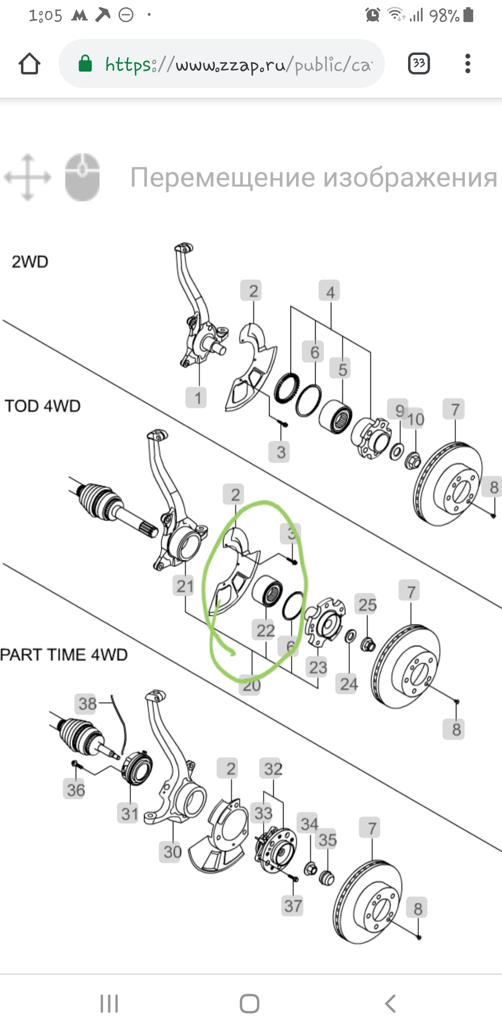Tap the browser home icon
point(29,64)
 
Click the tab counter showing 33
point(418,64)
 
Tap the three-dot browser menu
point(468,64)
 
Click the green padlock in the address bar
point(85,64)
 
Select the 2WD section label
point(30,262)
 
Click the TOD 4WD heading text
point(42,406)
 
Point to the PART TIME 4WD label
point(64,655)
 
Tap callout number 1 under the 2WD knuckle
point(198,398)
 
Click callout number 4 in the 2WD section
point(330,291)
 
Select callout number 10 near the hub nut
point(416,419)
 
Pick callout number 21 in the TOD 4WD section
point(185,586)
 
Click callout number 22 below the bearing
point(265,630)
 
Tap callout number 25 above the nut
point(367,604)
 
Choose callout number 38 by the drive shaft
point(87,704)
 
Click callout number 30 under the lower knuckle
point(172,852)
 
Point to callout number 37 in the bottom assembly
point(293,906)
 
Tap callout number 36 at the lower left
point(76,790)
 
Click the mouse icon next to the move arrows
point(82,177)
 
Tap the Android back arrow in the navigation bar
point(390,1003)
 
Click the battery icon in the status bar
point(469,15)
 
